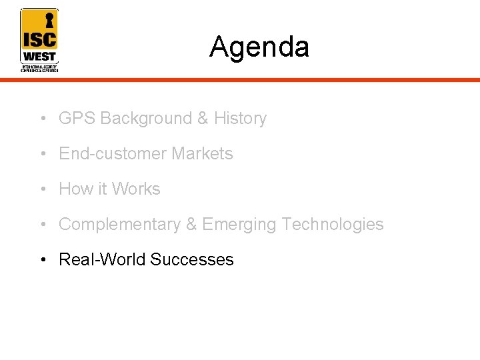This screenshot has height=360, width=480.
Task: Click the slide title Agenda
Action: (259, 47)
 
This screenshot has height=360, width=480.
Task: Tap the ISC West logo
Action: (39, 40)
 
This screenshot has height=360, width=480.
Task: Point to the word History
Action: (240, 119)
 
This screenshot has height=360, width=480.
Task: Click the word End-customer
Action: (113, 154)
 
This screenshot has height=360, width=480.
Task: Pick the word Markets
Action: (202, 154)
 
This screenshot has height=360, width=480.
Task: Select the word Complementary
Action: (119, 225)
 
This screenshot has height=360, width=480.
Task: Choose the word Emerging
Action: (239, 225)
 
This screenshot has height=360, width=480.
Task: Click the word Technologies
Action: (333, 225)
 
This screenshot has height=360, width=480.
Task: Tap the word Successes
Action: (192, 260)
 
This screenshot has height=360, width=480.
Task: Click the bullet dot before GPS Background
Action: (42, 119)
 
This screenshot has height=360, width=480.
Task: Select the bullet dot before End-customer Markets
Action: (42, 155)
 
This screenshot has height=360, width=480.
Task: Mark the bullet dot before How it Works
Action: (42, 190)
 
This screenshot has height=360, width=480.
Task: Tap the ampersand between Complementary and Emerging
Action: (191, 225)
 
